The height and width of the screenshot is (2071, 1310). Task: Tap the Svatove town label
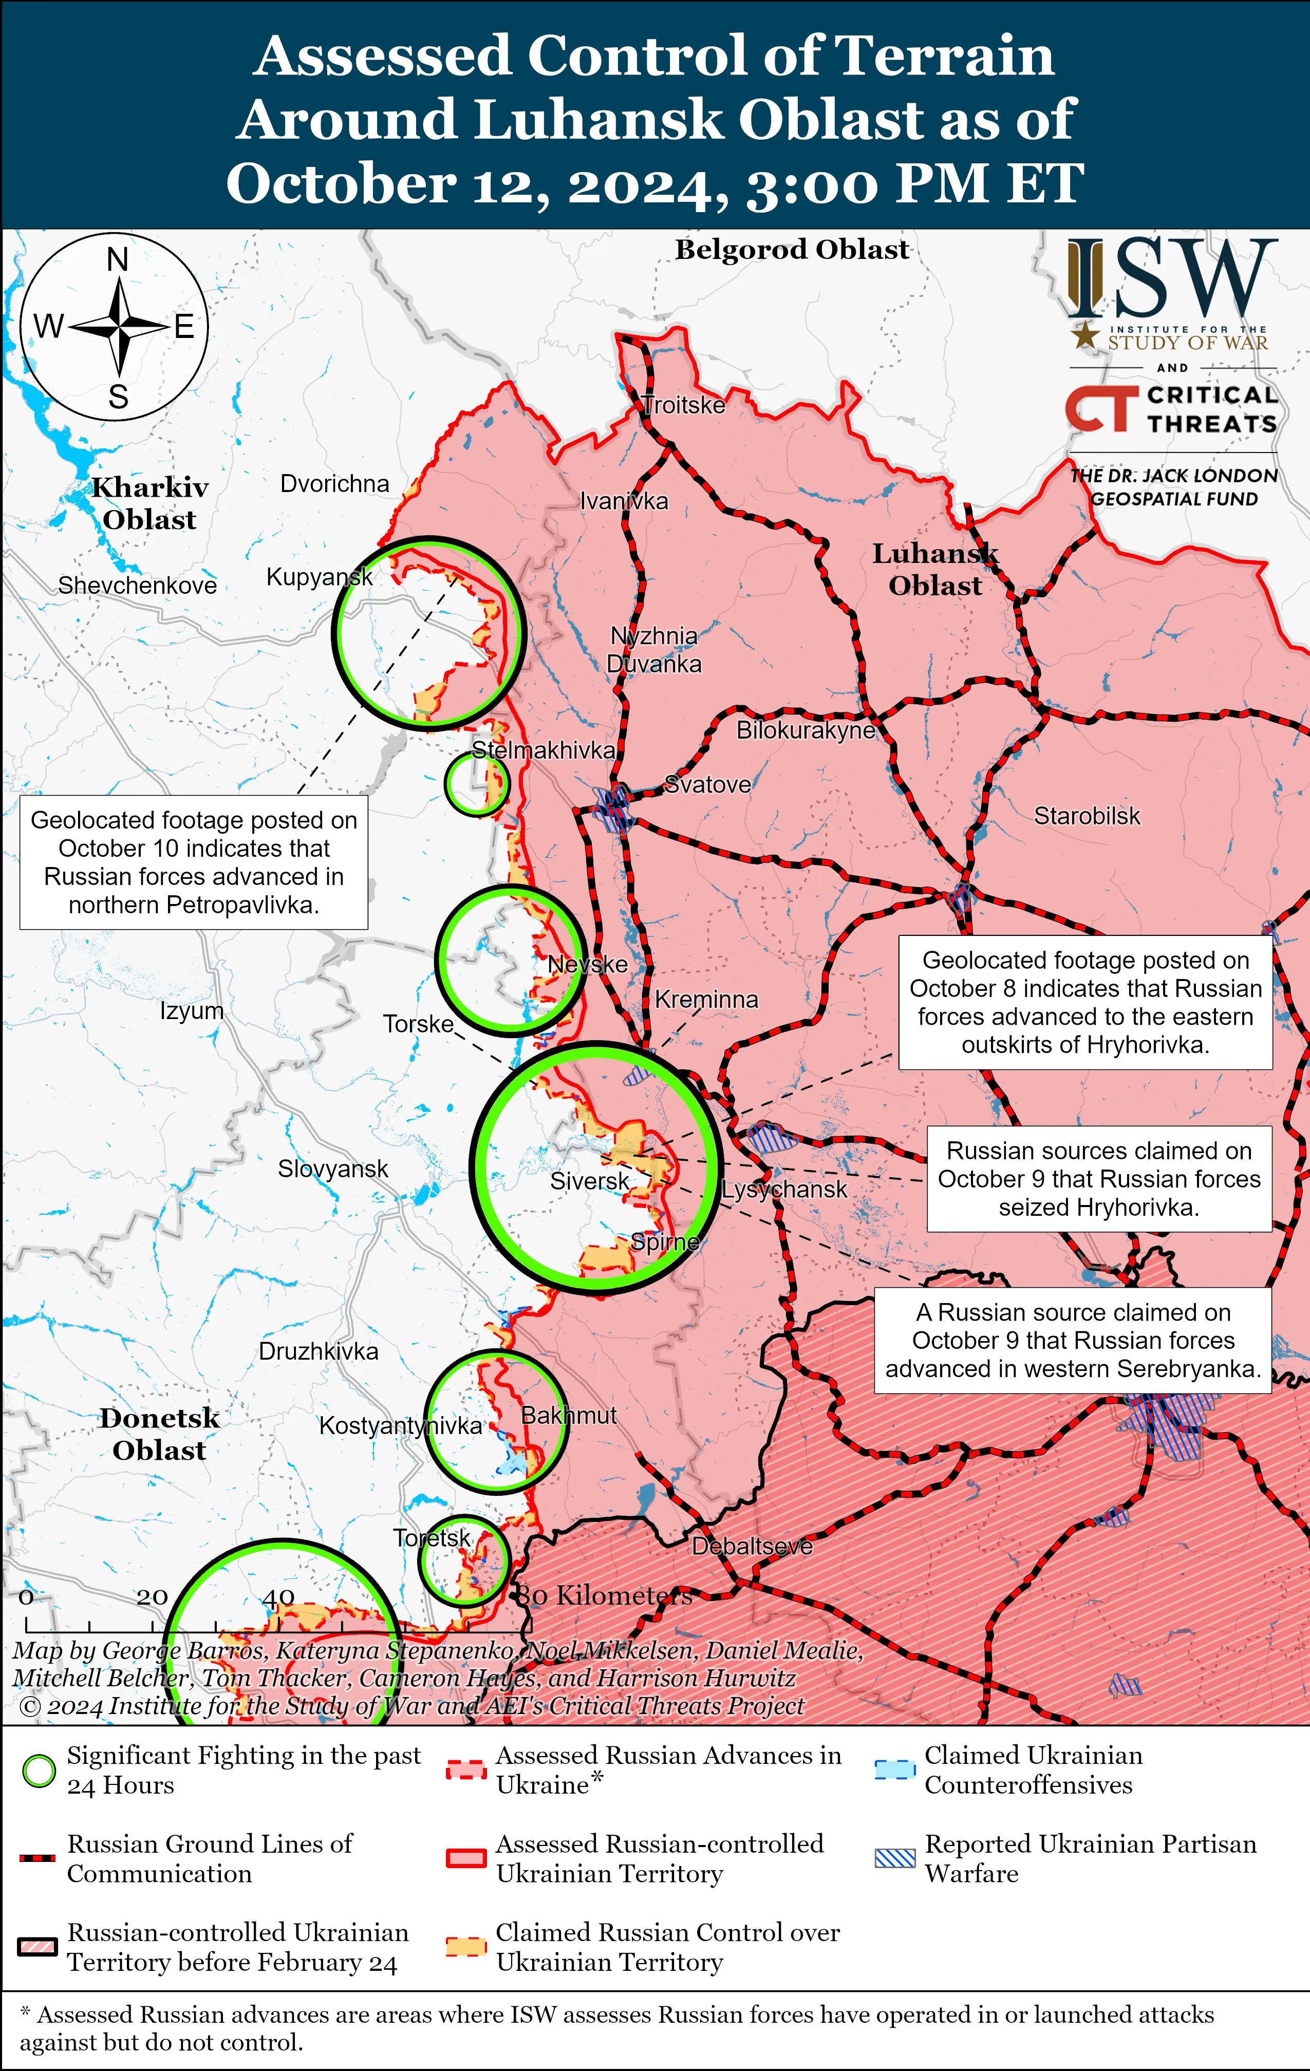[708, 784]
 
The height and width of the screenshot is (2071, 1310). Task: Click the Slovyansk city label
[333, 1169]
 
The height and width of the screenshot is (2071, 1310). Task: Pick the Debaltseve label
[752, 1546]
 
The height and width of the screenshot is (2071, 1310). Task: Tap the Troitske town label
[685, 405]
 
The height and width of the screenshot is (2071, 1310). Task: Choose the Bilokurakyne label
[805, 730]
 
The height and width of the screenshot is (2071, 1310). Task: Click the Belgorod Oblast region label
[791, 250]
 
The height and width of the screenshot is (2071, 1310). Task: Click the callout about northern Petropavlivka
[194, 862]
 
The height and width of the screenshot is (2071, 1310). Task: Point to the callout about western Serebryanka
[1073, 1340]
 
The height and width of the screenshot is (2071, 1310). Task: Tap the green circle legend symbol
[39, 1771]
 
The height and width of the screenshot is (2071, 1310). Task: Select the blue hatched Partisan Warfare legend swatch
[894, 1858]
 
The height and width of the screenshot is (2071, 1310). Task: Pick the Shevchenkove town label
[138, 586]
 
